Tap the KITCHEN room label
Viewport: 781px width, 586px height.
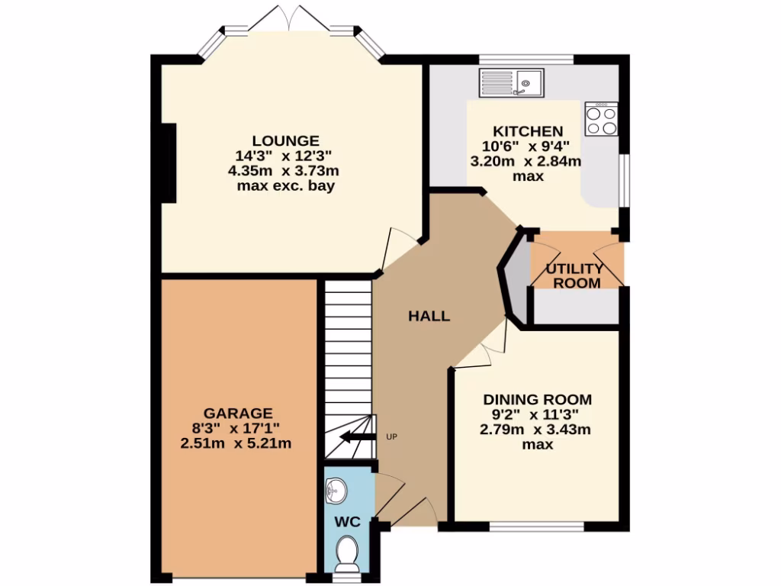click(x=528, y=131)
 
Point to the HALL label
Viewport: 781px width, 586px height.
click(x=429, y=316)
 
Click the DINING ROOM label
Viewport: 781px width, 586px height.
click(x=538, y=399)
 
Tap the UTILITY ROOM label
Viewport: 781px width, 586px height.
click(x=576, y=275)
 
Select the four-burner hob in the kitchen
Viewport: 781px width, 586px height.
click(x=601, y=119)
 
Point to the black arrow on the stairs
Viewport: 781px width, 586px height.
click(x=357, y=437)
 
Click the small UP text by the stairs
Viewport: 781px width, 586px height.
click(x=392, y=437)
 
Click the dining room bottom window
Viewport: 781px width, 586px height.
click(x=538, y=526)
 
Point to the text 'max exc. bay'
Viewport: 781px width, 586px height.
click(x=286, y=185)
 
